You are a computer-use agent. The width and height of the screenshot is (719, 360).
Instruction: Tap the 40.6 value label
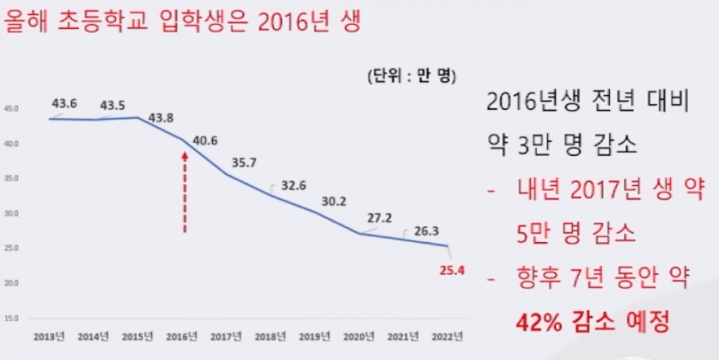click(206, 141)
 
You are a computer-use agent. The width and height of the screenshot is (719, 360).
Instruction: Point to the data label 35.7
click(244, 163)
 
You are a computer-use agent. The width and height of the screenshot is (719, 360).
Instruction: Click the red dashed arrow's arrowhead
click(185, 154)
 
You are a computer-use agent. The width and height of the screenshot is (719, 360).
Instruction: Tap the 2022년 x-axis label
click(447, 336)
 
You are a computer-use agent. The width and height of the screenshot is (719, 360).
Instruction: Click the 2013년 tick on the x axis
click(49, 336)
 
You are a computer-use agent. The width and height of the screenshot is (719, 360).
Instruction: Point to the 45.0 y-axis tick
click(12, 109)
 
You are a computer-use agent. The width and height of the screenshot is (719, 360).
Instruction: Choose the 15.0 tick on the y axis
click(12, 318)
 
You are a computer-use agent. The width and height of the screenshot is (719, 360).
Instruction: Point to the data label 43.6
click(65, 103)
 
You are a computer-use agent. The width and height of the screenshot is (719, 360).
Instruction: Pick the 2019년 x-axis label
click(314, 336)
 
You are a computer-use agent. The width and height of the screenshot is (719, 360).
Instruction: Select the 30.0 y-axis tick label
click(12, 213)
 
